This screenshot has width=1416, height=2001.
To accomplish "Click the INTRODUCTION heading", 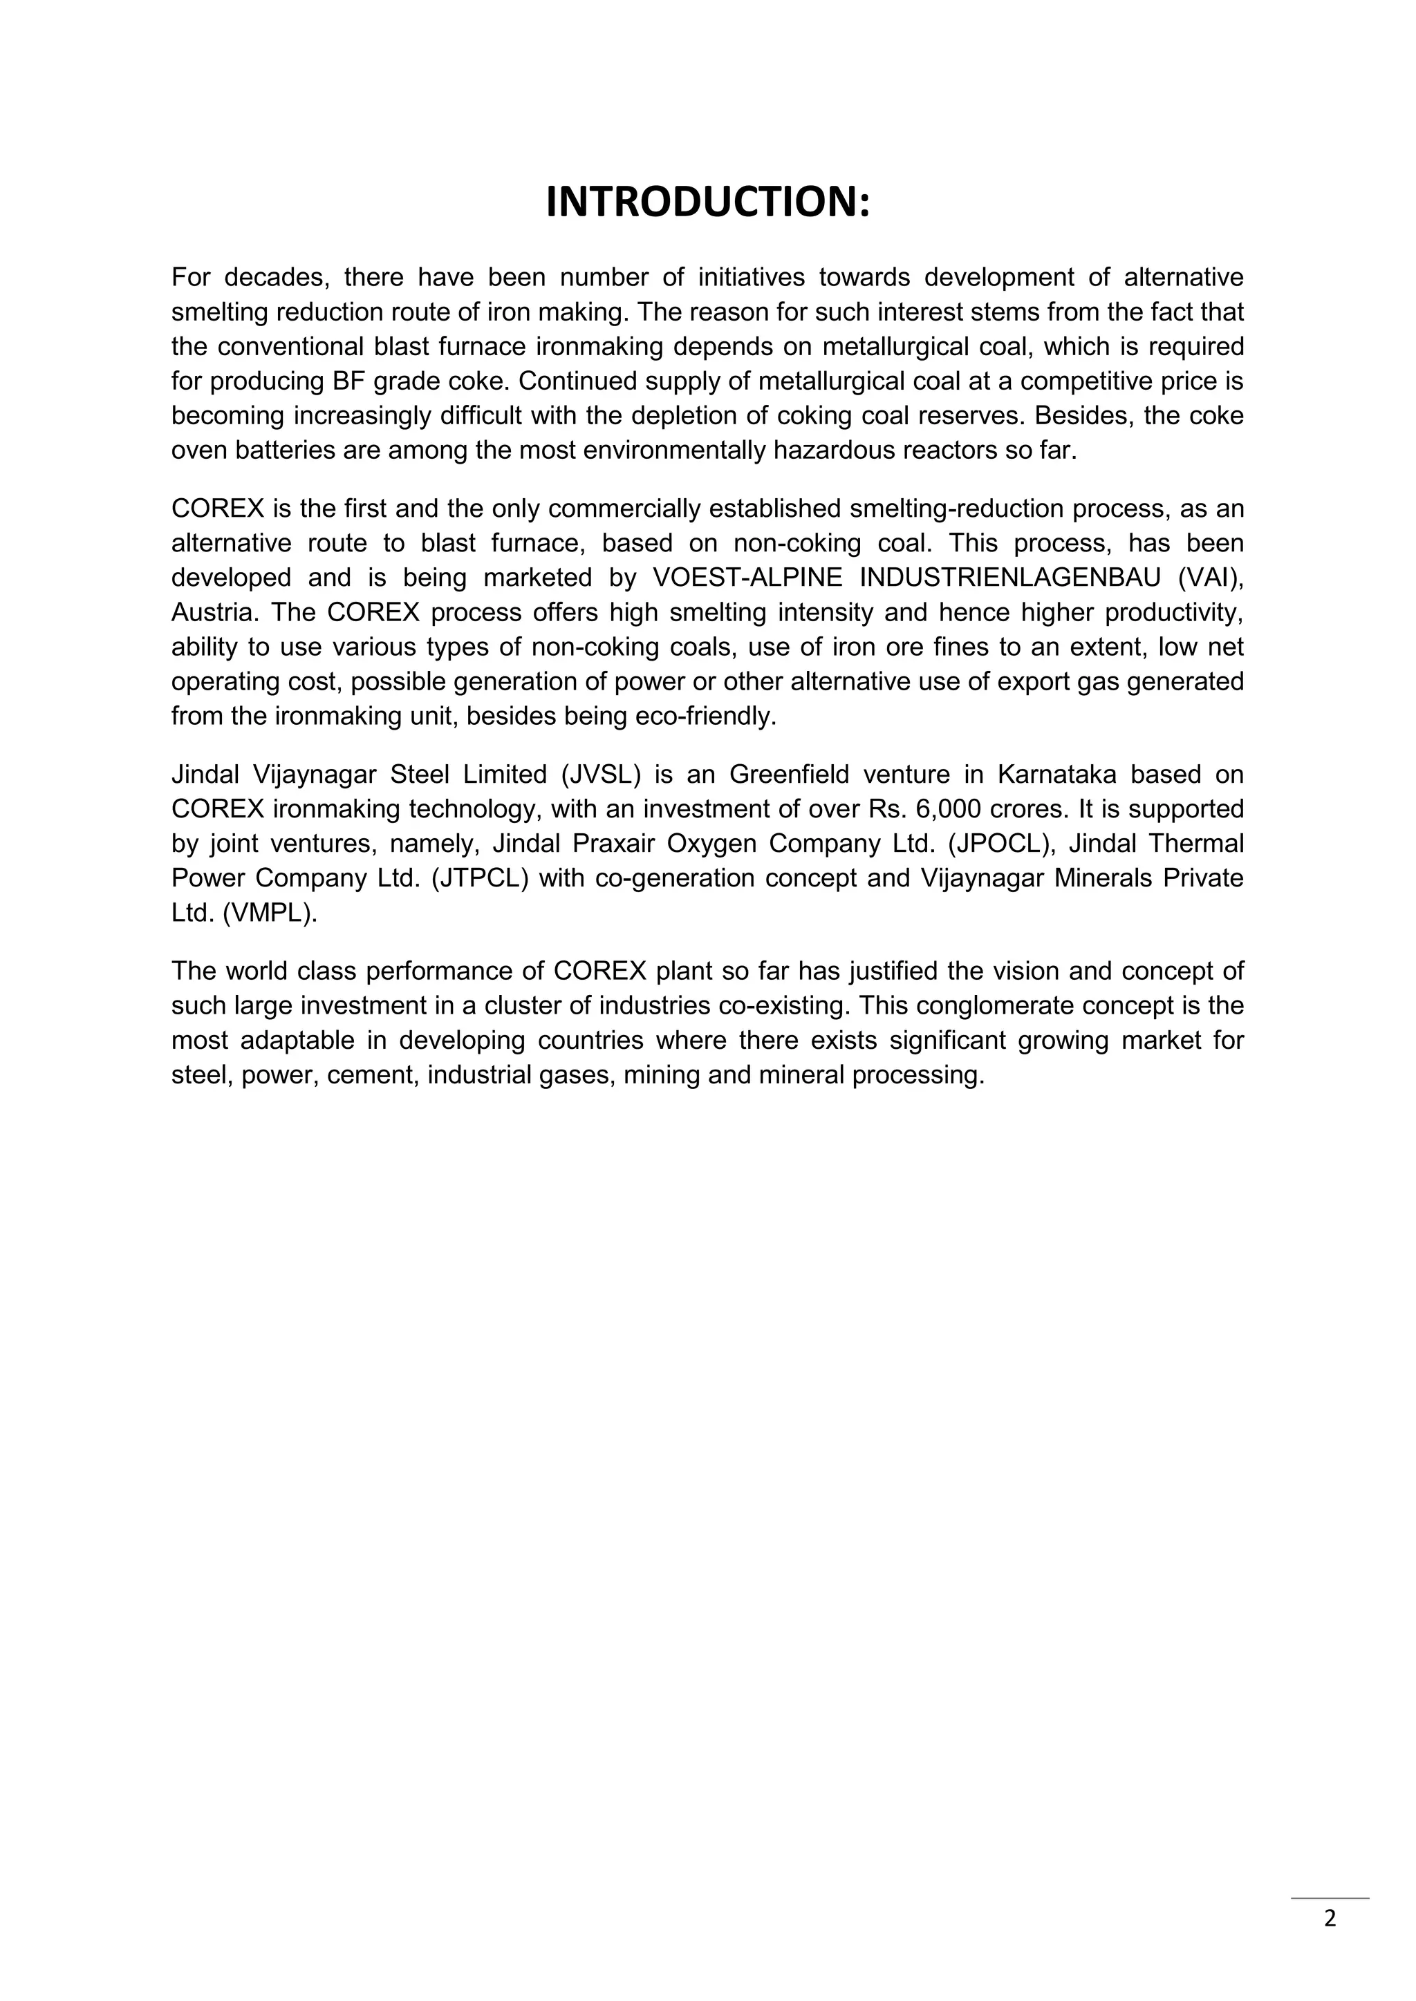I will (x=707, y=202).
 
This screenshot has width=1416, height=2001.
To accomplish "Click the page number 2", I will (x=1330, y=1918).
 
